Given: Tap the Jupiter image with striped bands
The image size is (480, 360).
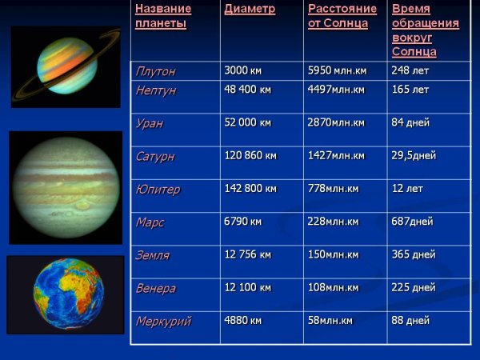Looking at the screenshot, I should [x=66, y=188].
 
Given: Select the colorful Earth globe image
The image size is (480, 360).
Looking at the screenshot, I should [x=66, y=294].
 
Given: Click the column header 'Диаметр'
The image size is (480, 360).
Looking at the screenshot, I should [x=250, y=10].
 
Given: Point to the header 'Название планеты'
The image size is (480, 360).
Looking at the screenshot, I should [x=163, y=17].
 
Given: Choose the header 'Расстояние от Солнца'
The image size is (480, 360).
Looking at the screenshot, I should [x=338, y=17].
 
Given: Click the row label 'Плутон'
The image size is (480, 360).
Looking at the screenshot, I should [x=155, y=71].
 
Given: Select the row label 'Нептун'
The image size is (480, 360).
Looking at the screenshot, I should [x=156, y=90].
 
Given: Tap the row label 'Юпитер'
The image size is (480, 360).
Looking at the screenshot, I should [x=158, y=190].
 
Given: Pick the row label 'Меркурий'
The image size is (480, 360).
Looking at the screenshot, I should [x=163, y=322].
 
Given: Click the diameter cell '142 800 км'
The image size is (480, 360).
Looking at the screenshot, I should [x=250, y=189].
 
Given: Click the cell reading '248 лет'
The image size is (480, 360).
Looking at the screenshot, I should [x=411, y=70].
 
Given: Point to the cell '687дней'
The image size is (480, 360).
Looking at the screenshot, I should [x=412, y=222].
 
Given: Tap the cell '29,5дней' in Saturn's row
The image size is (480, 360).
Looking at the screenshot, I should [x=414, y=155].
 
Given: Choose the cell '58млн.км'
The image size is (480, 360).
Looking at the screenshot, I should [x=330, y=321].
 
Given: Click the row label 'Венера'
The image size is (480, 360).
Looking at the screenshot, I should [x=156, y=288].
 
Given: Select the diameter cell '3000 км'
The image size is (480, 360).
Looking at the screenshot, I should [x=242, y=70].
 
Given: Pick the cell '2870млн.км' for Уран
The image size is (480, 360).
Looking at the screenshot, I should [x=336, y=122].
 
